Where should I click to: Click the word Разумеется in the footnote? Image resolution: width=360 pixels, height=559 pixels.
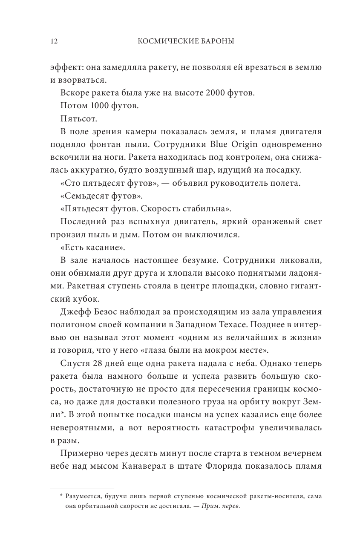[86, 496]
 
